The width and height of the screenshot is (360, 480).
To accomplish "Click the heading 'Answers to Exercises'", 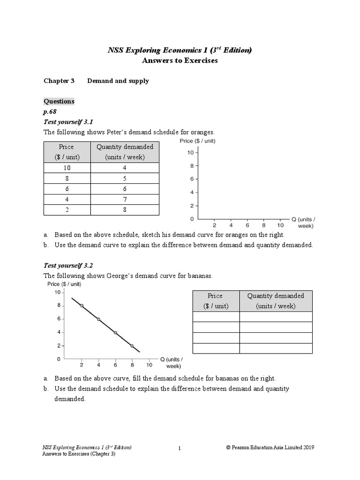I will click(180, 61).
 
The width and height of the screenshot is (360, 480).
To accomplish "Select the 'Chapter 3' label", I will click(59, 81).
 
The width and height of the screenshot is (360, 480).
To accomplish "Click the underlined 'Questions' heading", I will click(59, 101).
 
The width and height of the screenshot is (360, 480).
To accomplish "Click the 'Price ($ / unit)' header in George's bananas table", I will click(216, 300).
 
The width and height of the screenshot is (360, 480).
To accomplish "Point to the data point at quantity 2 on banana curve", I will click(82, 306).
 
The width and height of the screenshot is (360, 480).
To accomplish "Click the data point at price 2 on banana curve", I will click(132, 346).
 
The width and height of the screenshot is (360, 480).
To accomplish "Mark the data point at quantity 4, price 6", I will click(98, 319).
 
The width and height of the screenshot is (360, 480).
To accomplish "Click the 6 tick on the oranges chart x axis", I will click(247, 225).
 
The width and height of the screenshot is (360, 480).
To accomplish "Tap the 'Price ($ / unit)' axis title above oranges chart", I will click(197, 141).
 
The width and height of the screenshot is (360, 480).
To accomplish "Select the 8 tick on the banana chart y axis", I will click(59, 306).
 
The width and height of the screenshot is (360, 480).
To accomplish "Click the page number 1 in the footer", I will click(180, 449).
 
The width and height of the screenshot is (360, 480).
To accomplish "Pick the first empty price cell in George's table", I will click(216, 317).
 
